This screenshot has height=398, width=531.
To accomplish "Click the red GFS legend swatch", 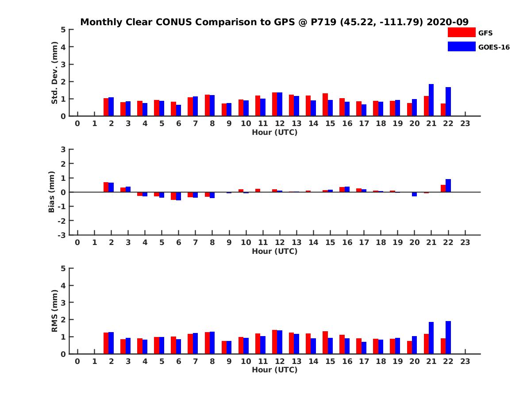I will pos(461,32).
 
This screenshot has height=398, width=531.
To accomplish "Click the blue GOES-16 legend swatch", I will pos(461,46).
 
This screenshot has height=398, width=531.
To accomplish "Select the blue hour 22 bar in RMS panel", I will pos(448,337).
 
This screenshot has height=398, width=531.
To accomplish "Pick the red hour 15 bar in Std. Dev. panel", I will pos(325,105).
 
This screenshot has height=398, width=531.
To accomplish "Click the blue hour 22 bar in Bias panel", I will pos(448,186).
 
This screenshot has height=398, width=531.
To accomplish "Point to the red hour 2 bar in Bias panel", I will pos(106,187).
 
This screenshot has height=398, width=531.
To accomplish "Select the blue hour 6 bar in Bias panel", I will pos(178,196).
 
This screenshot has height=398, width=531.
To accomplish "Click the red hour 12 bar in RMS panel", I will pos(275,342).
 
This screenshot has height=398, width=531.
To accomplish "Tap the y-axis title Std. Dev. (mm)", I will pos(54,73).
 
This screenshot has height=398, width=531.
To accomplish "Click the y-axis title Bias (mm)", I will pos(52,192).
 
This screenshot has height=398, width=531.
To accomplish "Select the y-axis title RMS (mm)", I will pos(54,311).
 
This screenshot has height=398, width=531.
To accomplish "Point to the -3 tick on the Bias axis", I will pos(62,235).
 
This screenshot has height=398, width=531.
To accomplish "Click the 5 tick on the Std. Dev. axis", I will pos(64,30).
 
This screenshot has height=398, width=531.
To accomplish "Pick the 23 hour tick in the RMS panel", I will pos(465,362).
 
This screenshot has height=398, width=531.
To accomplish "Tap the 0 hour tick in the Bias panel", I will pos(77,243).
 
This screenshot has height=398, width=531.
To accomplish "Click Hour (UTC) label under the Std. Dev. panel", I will pos(274,132).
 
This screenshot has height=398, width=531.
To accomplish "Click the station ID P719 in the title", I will pos(322,22).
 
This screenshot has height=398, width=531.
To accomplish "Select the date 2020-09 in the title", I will pos(447,22).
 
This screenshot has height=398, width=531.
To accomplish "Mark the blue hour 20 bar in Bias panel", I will pos(414,194).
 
